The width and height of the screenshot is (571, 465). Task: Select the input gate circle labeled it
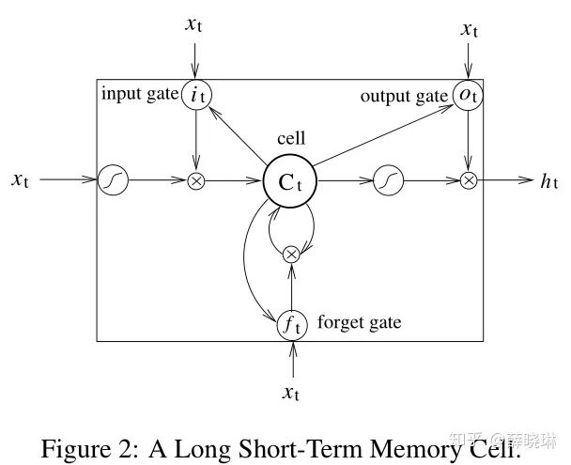[x=196, y=95]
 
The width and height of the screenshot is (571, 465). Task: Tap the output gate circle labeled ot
[x=468, y=95]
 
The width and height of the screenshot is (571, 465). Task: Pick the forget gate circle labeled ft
[x=292, y=325]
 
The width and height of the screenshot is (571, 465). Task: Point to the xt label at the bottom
[x=292, y=392]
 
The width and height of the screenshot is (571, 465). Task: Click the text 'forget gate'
[x=360, y=323]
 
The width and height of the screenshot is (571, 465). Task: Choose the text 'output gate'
[x=405, y=94]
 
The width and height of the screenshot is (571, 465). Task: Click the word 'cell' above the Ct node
[x=291, y=138]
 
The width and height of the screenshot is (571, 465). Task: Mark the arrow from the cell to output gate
[x=385, y=132]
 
